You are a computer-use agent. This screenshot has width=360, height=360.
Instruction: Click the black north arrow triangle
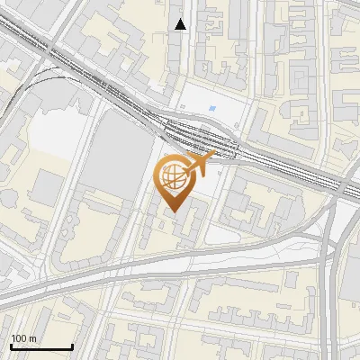coord(181,24)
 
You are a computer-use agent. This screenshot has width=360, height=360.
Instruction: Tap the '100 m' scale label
coord(23,338)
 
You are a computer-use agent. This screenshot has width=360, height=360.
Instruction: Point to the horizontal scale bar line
coord(41,347)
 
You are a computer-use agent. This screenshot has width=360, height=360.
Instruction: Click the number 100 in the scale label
coord(19,338)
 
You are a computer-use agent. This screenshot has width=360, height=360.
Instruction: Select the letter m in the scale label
coord(32,339)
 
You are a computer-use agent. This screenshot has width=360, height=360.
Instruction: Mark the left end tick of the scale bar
coord(11,346)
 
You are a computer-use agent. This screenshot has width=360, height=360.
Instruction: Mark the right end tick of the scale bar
coord(72,346)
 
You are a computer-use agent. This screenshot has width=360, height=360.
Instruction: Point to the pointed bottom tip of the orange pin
coord(175,211)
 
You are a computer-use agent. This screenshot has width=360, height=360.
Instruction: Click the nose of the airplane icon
coord(214,157)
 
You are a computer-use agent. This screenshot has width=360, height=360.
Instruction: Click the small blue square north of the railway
coord(212,110)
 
